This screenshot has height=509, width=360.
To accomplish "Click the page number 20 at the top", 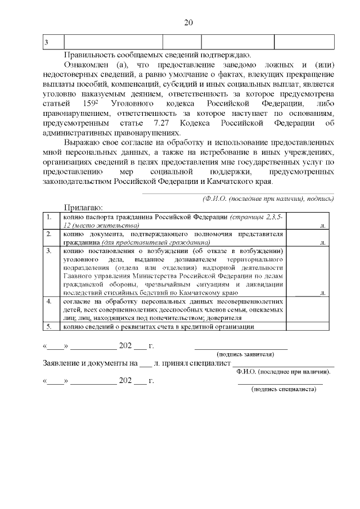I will pos(188,22).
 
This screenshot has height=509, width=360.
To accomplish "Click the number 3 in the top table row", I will pos(46,43).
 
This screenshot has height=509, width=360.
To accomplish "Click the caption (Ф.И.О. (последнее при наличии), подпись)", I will pos(268,199).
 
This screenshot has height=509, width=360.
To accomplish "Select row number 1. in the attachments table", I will pos(49,217).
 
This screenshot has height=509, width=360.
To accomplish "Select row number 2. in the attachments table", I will pos(49,233).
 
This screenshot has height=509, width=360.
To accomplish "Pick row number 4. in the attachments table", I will pos(49,301).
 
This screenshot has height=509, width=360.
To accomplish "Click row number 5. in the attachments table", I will pos(49,326).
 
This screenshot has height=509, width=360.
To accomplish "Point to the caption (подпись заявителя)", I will pos(245,354).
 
